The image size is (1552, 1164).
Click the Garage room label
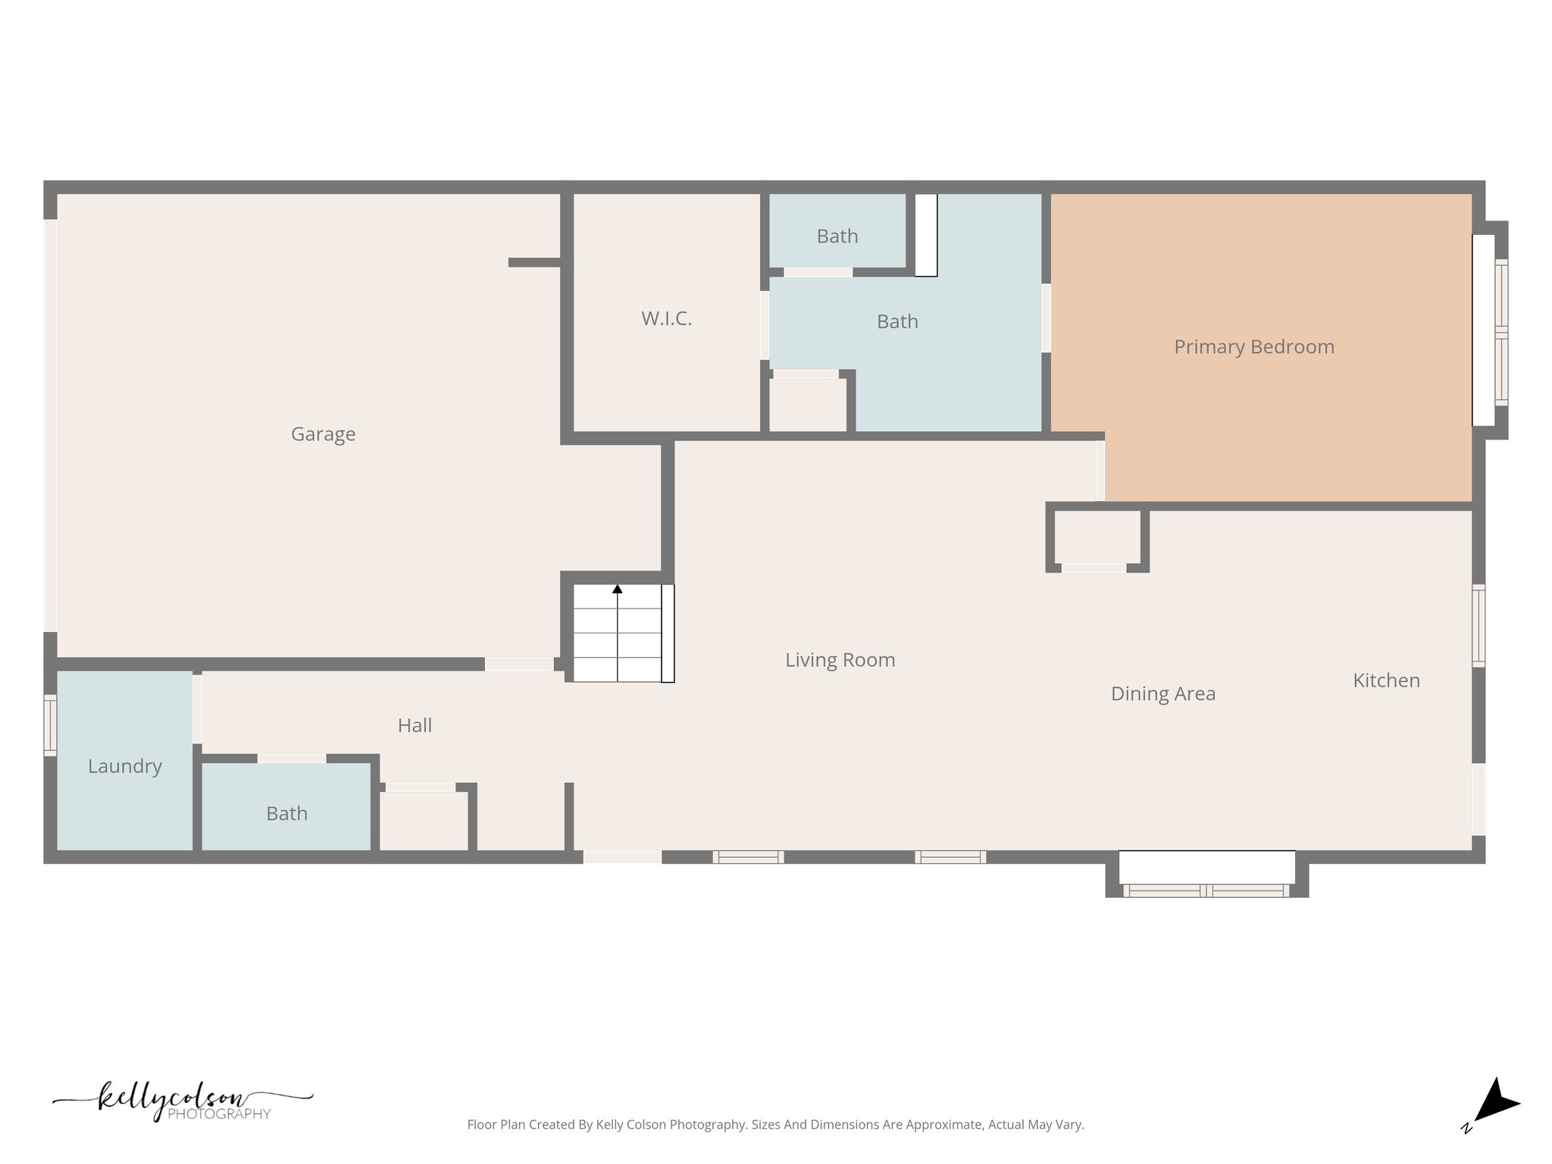pyautogui.click(x=323, y=434)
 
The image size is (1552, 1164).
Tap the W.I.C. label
pyautogui.click(x=666, y=319)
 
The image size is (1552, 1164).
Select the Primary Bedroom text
pyautogui.click(x=1253, y=347)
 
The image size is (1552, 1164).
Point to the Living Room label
pyautogui.click(x=840, y=660)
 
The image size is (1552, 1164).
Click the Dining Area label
pyautogui.click(x=1162, y=693)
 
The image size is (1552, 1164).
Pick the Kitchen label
pyautogui.click(x=1386, y=681)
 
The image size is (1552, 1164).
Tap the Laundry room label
pyautogui.click(x=125, y=766)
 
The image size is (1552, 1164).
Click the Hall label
pyautogui.click(x=415, y=726)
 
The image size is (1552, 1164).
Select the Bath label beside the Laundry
pyautogui.click(x=286, y=814)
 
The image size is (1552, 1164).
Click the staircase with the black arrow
pyautogui.click(x=618, y=634)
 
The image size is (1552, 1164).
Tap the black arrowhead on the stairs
pyautogui.click(x=618, y=589)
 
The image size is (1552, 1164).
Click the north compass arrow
pyautogui.click(x=1496, y=1103)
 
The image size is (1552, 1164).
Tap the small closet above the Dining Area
pyautogui.click(x=1097, y=538)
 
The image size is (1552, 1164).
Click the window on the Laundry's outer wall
pyautogui.click(x=50, y=724)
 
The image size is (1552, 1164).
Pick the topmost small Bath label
pyautogui.click(x=837, y=236)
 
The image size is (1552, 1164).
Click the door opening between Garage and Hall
pyautogui.click(x=519, y=665)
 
